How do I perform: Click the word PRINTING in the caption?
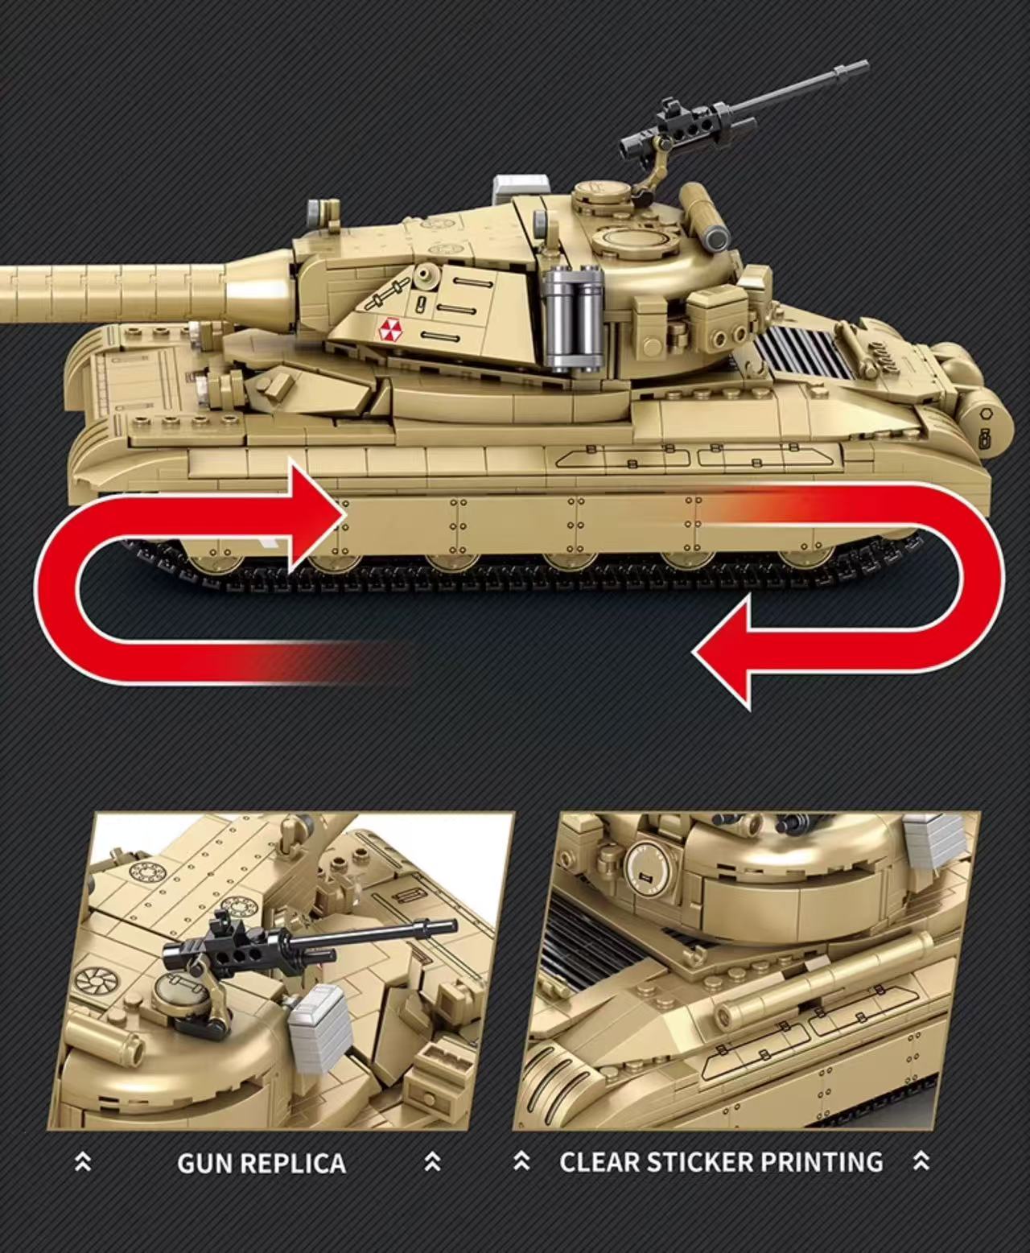(828, 1161)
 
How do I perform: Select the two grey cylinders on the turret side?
(572, 318)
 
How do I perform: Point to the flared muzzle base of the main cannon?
(257, 289)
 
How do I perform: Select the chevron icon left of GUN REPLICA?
(83, 1162)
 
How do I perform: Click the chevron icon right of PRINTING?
(921, 1161)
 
